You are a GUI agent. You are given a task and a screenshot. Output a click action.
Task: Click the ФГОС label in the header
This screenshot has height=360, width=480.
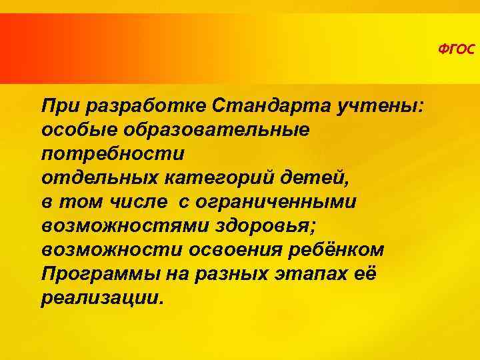tap(457, 49)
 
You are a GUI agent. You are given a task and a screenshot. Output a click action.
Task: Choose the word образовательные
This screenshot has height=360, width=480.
tap(210, 129)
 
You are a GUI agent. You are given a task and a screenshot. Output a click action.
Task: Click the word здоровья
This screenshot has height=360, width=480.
tap(260, 225)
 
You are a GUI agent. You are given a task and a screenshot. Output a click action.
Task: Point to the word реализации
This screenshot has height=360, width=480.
tap(100, 297)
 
